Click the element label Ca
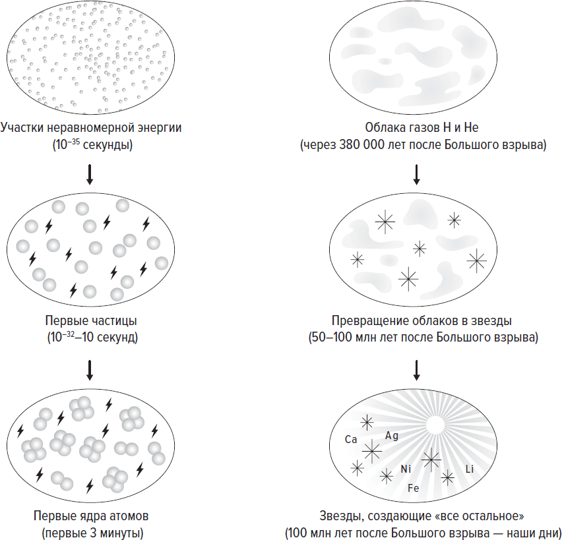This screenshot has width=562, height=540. (351, 439)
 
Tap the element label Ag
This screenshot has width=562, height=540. (391, 436)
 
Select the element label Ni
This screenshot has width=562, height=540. (406, 469)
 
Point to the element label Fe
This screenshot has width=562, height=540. (414, 489)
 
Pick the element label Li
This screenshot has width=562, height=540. (470, 469)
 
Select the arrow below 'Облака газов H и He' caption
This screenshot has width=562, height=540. (416, 173)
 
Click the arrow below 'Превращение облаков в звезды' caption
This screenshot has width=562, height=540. (416, 370)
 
